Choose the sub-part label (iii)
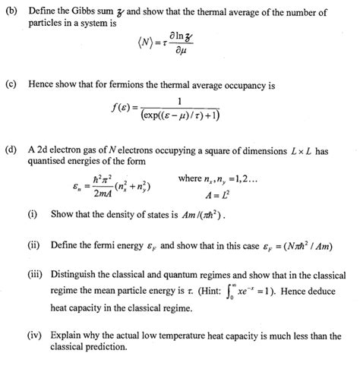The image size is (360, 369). click(x=35, y=277)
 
